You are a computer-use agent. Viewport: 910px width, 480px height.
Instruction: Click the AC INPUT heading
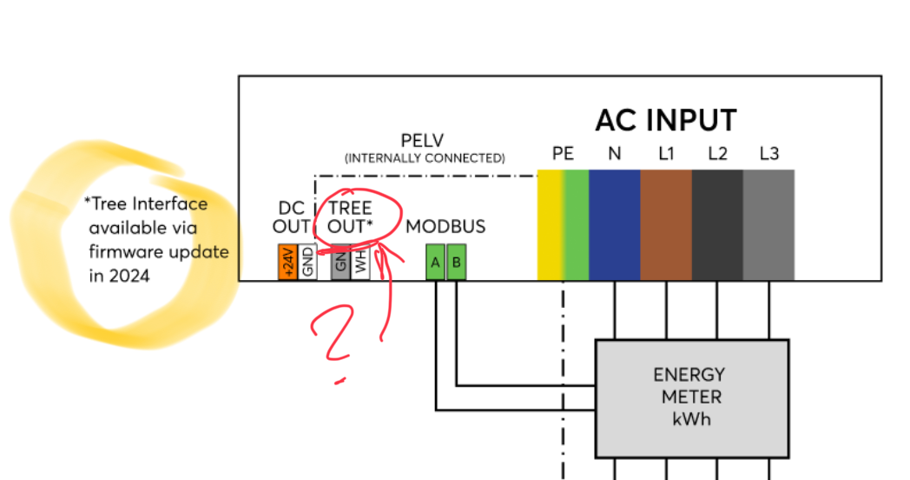pos(665,120)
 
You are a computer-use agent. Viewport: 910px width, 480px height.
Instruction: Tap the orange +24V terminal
pos(287,262)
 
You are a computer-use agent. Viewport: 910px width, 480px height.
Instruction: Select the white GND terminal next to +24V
pos(307,262)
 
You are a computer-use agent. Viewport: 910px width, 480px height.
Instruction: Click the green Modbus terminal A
pos(435,263)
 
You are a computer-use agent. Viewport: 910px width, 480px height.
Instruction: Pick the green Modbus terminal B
pos(456,263)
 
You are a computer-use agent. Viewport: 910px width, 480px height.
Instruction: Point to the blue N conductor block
pos(614,224)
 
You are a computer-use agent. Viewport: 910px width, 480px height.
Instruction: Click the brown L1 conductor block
pos(666,224)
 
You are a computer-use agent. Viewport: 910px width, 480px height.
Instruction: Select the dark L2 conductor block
pos(717,224)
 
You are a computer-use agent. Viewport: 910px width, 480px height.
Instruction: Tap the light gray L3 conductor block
pos(768,224)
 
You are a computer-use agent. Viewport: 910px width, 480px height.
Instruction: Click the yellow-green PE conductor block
pos(563,224)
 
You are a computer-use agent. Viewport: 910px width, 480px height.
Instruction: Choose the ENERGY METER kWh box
pos(691,398)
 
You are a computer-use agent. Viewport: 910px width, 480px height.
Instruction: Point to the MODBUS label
pos(445,227)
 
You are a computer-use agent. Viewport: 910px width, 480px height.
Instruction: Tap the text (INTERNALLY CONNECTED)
pos(425,158)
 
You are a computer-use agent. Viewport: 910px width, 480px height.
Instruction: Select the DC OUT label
pos(292,217)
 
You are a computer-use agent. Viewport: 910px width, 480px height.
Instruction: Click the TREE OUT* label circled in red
pos(350,217)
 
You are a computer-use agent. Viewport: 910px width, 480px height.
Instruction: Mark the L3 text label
pos(768,154)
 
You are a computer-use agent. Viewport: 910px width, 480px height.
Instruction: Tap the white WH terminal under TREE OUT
pos(361,263)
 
